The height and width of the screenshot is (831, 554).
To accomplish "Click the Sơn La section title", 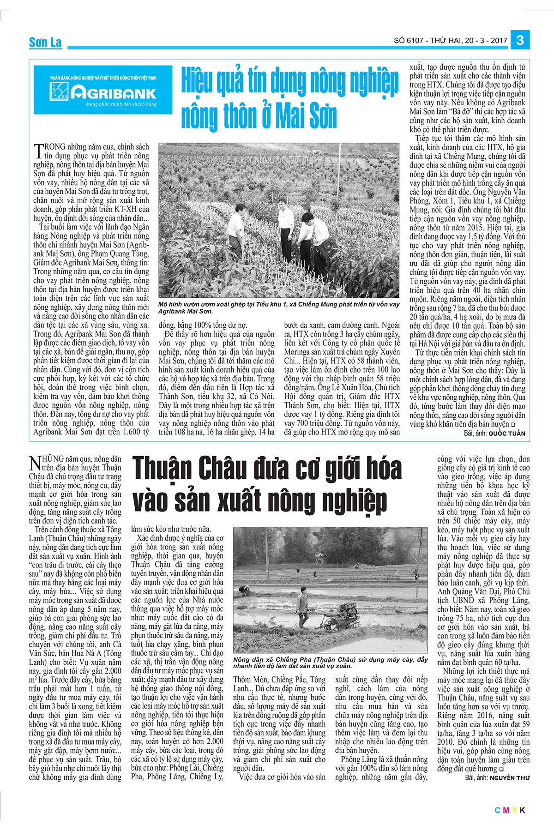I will pos(45,42).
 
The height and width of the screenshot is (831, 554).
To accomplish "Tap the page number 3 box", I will pos(520,40).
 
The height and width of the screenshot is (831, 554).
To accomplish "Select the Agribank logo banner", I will pos(102,90).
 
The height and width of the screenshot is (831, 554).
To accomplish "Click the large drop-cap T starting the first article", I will pos(38,151).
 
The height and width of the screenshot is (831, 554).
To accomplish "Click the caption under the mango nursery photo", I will pos(278,307).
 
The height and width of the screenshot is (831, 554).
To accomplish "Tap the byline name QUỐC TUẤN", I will pos(506,434).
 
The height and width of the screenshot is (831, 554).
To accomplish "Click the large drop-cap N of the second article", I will pos(35,463).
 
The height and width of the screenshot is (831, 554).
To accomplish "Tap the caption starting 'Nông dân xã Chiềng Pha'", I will pos(330,662).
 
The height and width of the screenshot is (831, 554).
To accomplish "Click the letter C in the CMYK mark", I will pos(497,810).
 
